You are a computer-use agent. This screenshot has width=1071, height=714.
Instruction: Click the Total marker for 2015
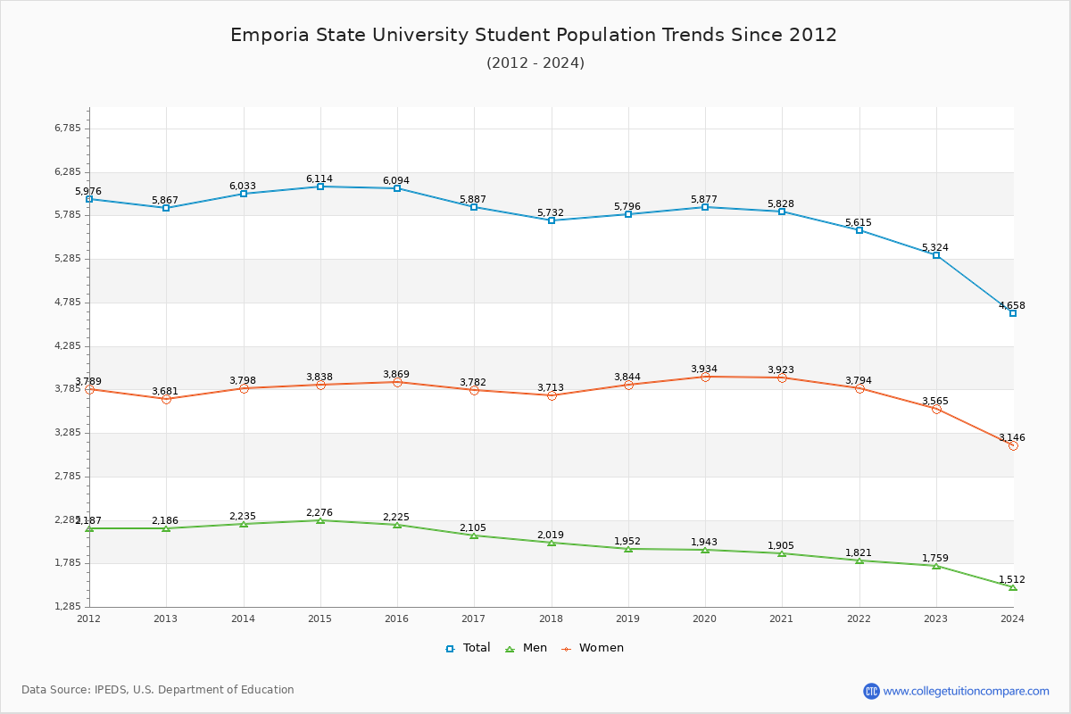pyautogui.click(x=320, y=187)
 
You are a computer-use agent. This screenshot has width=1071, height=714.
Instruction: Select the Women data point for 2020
pyautogui.click(x=705, y=377)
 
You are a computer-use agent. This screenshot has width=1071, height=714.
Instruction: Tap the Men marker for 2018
pyautogui.click(x=552, y=543)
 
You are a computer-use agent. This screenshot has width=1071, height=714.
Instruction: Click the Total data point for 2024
pyautogui.click(x=1013, y=313)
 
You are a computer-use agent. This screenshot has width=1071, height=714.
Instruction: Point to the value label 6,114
pyautogui.click(x=320, y=178)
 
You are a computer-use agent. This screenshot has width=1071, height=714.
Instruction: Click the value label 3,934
pyautogui.click(x=704, y=369)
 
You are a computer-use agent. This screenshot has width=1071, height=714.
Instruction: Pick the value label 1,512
pyautogui.click(x=1012, y=579)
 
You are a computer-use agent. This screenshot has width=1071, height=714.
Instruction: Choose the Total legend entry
pyautogui.click(x=469, y=648)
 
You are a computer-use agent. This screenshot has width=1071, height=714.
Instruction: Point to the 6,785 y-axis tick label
pyautogui.click(x=68, y=129)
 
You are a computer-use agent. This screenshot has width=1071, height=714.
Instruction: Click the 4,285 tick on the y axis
pyautogui.click(x=68, y=346)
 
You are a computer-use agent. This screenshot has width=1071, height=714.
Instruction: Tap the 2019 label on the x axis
pyautogui.click(x=628, y=618)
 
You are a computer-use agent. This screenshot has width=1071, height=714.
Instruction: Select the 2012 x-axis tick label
pyautogui.click(x=89, y=618)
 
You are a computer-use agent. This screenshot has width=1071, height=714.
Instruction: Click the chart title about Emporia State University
pyautogui.click(x=534, y=35)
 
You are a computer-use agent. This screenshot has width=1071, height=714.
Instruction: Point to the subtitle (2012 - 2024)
pyautogui.click(x=535, y=62)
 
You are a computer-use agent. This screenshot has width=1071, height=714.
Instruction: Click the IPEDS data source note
pyautogui.click(x=158, y=690)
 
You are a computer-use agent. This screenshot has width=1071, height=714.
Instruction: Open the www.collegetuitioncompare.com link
pyautogui.click(x=966, y=691)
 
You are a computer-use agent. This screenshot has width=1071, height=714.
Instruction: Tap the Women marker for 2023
pyautogui.click(x=936, y=409)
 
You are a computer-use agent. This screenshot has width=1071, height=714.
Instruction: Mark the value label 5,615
pyautogui.click(x=859, y=222)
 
